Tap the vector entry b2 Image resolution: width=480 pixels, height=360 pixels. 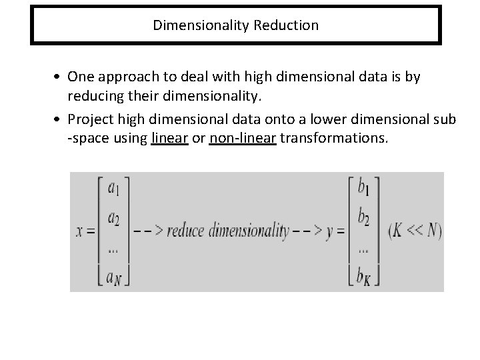click(x=363, y=217)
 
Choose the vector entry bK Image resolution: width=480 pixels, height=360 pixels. click(x=364, y=274)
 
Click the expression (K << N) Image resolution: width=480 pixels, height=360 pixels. click(x=414, y=231)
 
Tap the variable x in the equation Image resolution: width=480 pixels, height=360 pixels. click(x=79, y=232)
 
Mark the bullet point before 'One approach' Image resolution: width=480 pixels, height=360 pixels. click(x=77, y=77)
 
